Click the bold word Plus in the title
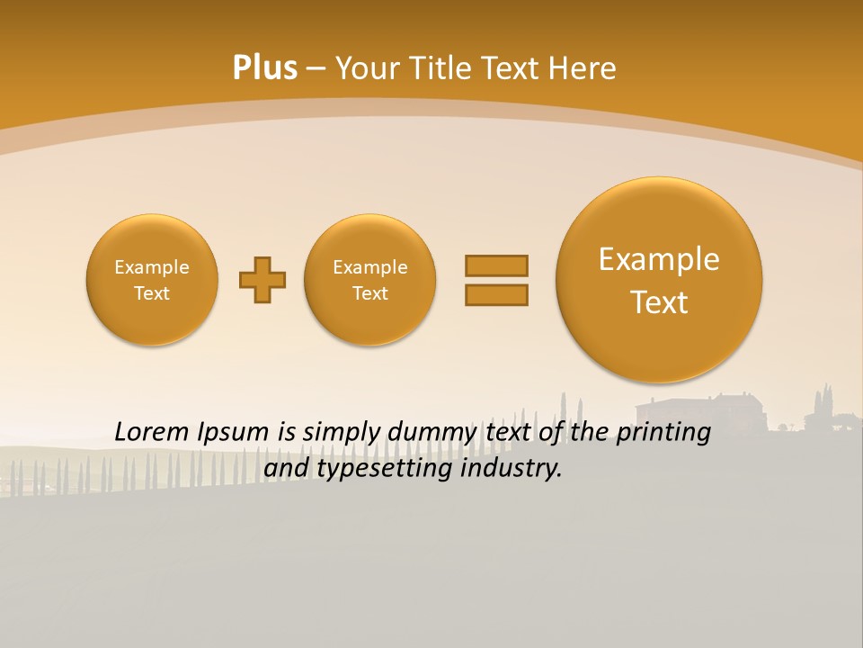tap(264, 68)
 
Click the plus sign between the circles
tap(262, 280)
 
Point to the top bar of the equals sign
tap(496, 265)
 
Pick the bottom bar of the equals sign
tap(496, 294)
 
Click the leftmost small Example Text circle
tap(152, 280)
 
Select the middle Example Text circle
tap(370, 280)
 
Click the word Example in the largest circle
tap(659, 259)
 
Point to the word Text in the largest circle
tap(659, 302)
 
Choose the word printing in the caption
tap(664, 433)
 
